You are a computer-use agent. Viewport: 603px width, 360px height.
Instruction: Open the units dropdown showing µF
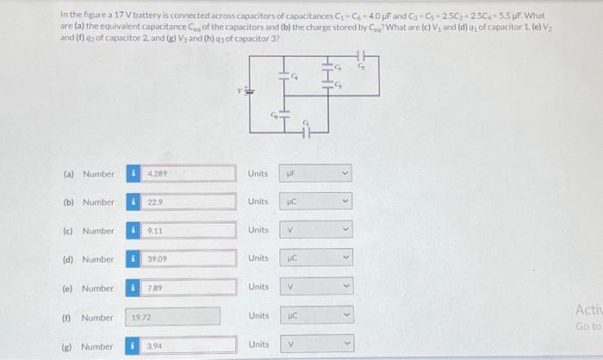click(316, 173)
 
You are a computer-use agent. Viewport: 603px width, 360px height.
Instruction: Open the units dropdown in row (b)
click(316, 202)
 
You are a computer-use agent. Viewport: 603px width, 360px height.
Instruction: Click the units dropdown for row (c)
click(316, 231)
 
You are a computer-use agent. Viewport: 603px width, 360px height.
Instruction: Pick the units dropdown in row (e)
click(316, 288)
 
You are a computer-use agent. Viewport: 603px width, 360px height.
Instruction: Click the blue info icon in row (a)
click(134, 173)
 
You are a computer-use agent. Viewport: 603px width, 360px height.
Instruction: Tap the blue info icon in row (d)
click(134, 259)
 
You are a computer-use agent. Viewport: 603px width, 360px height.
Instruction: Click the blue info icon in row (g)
click(134, 346)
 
